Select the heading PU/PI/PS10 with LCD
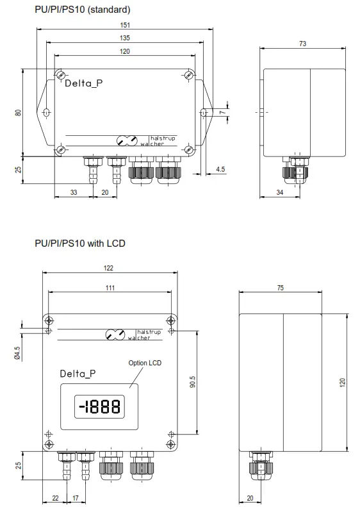(x=80, y=244)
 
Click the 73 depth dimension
(x=302, y=44)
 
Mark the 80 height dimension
(x=19, y=112)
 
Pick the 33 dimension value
(x=74, y=192)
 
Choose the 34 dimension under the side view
(x=279, y=192)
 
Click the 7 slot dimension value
(x=223, y=112)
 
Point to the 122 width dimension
(x=109, y=267)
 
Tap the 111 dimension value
(x=110, y=288)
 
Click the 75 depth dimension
(x=281, y=288)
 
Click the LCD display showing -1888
(x=99, y=406)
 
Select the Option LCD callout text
(x=145, y=363)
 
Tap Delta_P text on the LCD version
(x=78, y=373)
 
